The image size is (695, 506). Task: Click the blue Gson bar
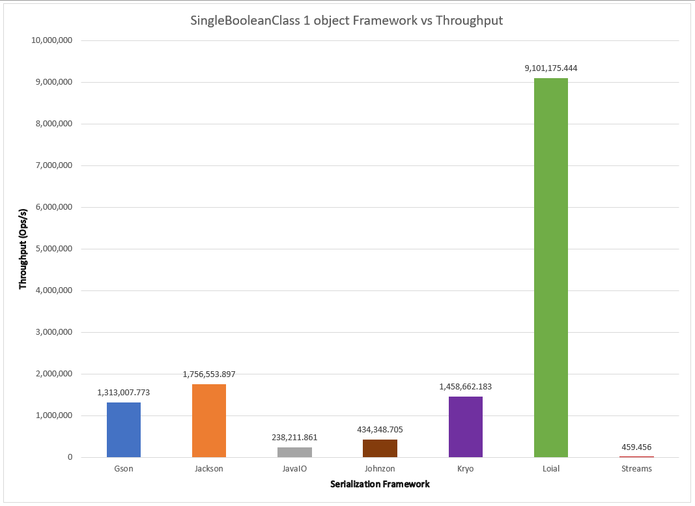pos(124,430)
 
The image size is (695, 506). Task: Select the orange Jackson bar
pos(209,421)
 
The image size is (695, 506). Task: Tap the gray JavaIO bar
pos(294,452)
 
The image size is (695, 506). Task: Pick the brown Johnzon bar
pos(380,448)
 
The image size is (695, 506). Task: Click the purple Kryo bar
pos(465,427)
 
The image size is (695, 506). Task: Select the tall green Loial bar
pos(550,267)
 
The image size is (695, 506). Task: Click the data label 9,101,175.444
pos(550,68)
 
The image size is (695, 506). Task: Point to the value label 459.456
pos(636,447)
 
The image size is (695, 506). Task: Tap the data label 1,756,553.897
pos(209,374)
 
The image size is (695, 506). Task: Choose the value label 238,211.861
pos(294,437)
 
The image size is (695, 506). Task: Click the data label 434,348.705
pos(380,429)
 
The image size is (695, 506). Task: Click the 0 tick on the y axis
pos(69,457)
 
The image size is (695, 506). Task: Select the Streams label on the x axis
pos(636,469)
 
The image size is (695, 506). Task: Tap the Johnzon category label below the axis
pos(380,469)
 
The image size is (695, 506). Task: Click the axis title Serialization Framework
pos(380,485)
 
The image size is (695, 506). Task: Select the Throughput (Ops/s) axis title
pos(23,249)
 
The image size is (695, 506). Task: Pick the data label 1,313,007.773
pos(124,392)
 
